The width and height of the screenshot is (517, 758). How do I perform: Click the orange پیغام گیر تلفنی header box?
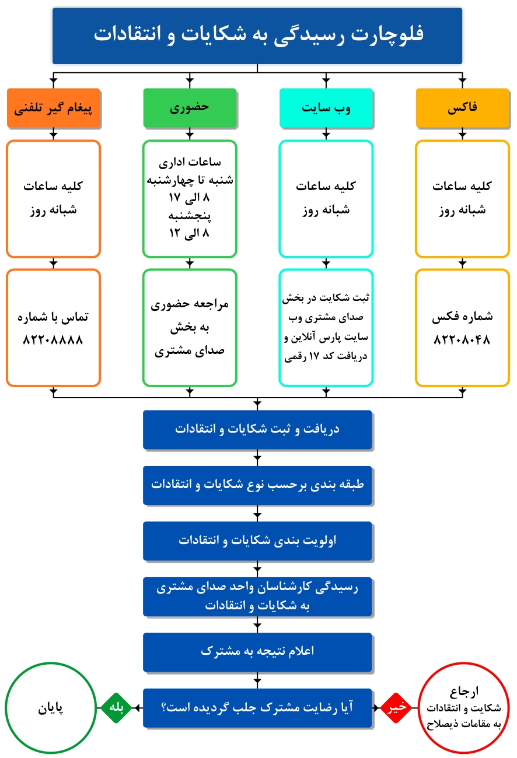[54, 108]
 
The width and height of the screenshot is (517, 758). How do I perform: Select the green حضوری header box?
[190, 108]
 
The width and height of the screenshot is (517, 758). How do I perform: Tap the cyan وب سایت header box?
[326, 108]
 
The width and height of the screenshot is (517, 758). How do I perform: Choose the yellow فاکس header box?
[463, 108]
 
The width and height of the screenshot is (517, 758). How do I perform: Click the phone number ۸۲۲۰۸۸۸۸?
[53, 340]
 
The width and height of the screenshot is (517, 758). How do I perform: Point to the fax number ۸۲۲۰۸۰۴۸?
[462, 340]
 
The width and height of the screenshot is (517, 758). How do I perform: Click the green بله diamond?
[116, 708]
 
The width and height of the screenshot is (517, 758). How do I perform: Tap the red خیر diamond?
[396, 708]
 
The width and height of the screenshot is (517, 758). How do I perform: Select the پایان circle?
[51, 708]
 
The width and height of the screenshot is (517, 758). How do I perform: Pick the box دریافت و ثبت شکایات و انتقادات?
[257, 429]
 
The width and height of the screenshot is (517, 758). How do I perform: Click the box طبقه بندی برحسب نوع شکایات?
[257, 485]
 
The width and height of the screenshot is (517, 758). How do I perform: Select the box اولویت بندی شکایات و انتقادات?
[257, 541]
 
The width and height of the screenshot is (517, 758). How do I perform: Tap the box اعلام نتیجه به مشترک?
[257, 652]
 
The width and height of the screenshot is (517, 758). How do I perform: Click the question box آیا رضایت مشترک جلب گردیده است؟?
[257, 708]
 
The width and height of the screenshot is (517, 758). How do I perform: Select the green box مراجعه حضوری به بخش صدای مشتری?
[190, 328]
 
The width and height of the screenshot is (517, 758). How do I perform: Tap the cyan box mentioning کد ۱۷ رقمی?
[326, 328]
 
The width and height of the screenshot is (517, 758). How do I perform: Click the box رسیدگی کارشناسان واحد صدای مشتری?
[257, 596]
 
